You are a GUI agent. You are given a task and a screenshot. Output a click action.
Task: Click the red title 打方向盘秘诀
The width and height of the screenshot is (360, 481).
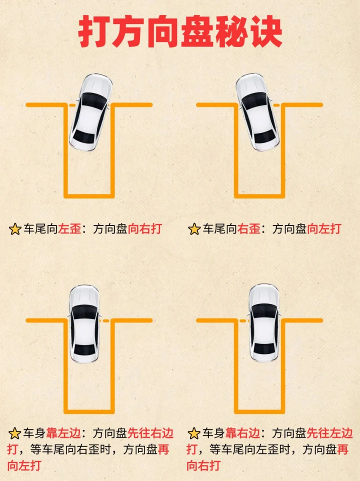coord(180,32)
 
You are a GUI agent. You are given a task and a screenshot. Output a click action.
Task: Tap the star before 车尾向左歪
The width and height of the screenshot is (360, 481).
coord(15,229)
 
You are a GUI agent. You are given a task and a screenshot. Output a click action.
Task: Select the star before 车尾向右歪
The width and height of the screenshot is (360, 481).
coord(194,229)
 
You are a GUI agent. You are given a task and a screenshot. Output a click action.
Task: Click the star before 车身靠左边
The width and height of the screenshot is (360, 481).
coord(14,433)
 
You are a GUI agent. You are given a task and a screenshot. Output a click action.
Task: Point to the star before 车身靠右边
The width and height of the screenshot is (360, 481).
coord(194,433)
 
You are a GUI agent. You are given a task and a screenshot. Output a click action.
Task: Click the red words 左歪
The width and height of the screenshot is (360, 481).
coord(69,229)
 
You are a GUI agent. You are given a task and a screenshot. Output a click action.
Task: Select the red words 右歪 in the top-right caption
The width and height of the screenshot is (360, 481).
coord(248,229)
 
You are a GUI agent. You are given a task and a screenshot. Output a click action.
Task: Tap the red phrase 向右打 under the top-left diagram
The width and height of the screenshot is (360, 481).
coord(144,229)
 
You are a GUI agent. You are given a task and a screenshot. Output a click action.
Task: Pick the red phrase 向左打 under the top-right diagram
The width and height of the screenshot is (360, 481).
coord(324,229)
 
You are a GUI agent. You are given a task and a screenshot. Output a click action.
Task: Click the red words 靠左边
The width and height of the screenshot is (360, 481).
coord(63,433)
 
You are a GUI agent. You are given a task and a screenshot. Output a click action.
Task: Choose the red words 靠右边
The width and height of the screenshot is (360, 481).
coord(242,433)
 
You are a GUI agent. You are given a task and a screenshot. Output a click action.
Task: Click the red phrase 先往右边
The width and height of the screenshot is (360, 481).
coord(150,433)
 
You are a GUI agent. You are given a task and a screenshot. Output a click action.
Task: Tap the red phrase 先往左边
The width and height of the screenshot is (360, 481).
coord(329,433)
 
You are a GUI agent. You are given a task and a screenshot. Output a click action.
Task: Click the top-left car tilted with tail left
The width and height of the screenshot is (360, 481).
coord(90,112)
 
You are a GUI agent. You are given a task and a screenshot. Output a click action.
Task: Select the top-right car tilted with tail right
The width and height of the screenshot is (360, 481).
coord(257,112)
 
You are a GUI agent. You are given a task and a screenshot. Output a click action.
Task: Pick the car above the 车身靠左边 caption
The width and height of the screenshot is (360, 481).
coord(84,324)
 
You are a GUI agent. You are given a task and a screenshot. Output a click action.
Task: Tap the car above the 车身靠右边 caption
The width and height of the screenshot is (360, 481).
coord(263,323)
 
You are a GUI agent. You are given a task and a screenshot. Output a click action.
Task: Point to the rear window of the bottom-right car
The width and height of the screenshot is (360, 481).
coord(263,348)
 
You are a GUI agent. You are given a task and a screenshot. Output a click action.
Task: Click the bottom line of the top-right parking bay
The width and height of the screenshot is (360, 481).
coord(259,196)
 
